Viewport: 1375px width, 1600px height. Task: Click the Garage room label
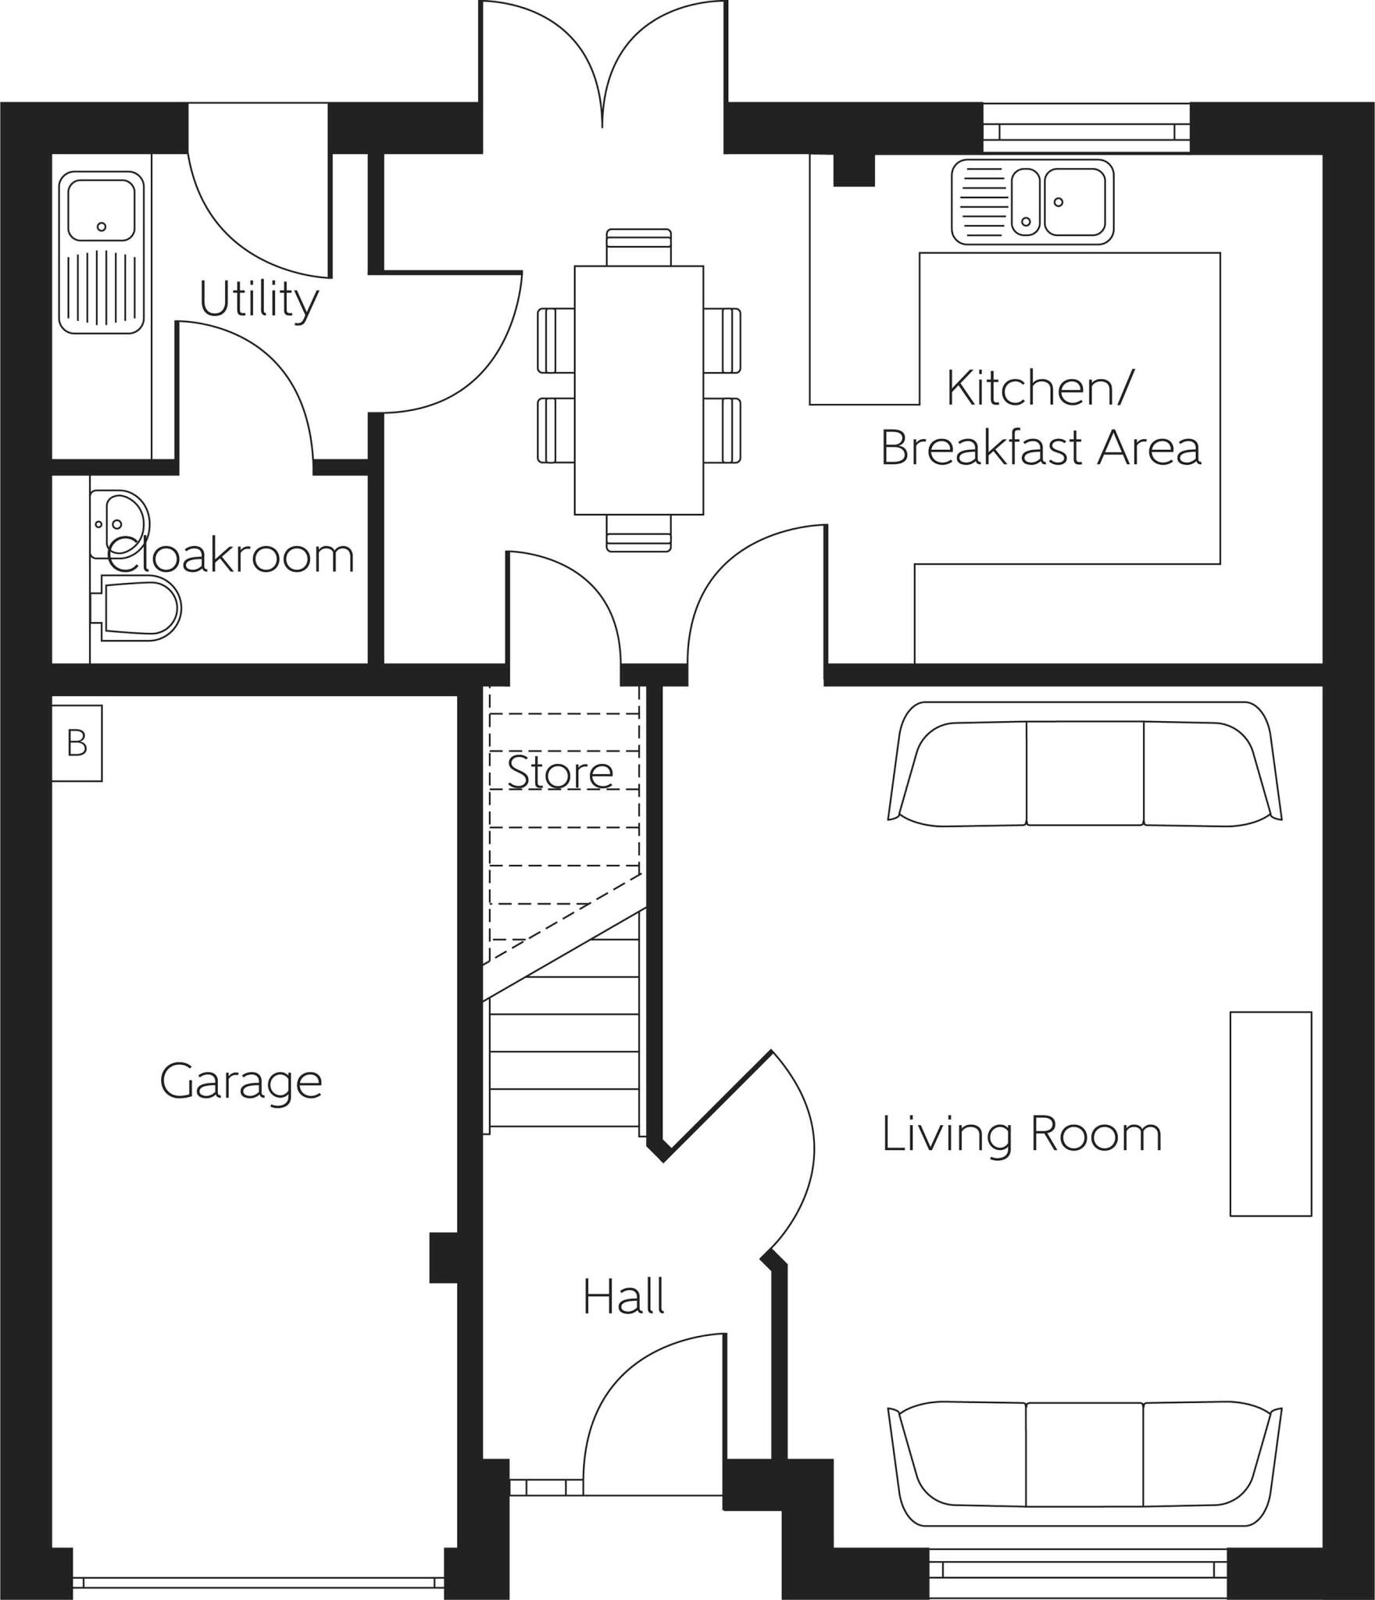(241, 1082)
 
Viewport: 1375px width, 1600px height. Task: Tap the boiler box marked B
(77, 743)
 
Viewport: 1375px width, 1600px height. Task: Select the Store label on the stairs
(560, 773)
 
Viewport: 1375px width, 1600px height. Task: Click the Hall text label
(623, 1297)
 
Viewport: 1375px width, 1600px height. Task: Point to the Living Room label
(1022, 1134)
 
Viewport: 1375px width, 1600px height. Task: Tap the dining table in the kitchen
(638, 391)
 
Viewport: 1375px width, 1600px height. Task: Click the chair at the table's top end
(638, 246)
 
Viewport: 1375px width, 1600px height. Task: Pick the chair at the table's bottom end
(638, 534)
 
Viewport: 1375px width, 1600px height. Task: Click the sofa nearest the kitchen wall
(1084, 766)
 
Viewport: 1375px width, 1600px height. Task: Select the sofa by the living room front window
(1084, 1457)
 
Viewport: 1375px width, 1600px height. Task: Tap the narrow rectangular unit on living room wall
(1270, 1113)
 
